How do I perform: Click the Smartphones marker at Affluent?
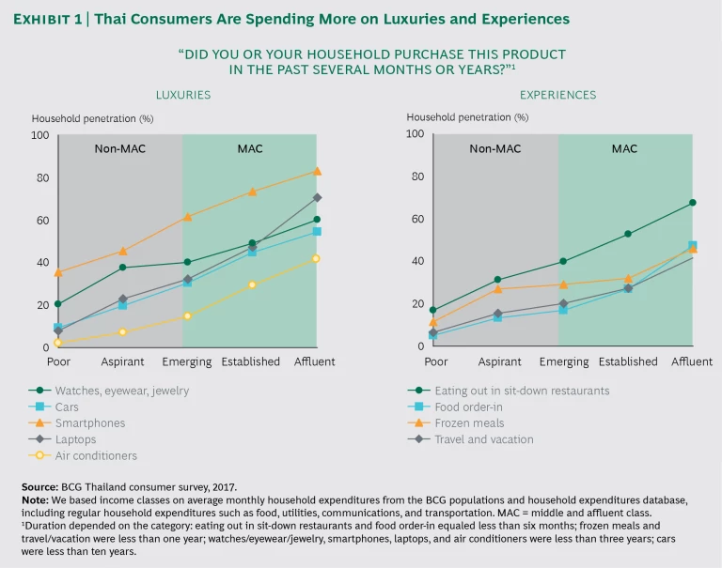pyautogui.click(x=317, y=171)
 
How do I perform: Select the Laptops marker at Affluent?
pyautogui.click(x=317, y=197)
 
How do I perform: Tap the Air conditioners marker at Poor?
pyautogui.click(x=58, y=343)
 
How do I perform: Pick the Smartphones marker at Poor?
pyautogui.click(x=58, y=273)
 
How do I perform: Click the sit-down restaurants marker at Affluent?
pyautogui.click(x=692, y=202)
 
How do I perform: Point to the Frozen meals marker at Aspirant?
pyautogui.click(x=498, y=288)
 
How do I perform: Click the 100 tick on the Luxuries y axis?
pyautogui.click(x=40, y=135)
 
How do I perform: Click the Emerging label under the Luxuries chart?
pyautogui.click(x=187, y=361)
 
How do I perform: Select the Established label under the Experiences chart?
pyautogui.click(x=627, y=361)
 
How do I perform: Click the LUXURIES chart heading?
pyautogui.click(x=182, y=95)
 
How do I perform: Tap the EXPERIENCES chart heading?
pyautogui.click(x=557, y=95)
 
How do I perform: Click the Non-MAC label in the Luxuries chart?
pyautogui.click(x=120, y=148)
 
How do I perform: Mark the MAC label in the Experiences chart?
pyautogui.click(x=624, y=148)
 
